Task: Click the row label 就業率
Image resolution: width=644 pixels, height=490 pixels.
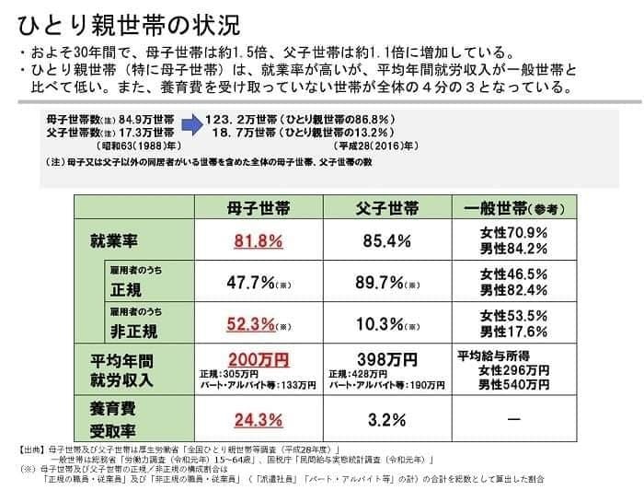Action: pyautogui.click(x=116, y=241)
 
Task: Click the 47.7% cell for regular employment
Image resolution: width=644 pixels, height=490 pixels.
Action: pyautogui.click(x=252, y=282)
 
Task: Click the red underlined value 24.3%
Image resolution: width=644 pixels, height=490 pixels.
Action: pyautogui.click(x=258, y=419)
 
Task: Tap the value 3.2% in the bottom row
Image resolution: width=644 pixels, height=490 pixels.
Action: pyautogui.click(x=387, y=419)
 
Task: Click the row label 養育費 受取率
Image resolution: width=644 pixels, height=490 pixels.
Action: pyautogui.click(x=116, y=419)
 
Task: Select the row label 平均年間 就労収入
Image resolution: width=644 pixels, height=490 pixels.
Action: pyautogui.click(x=121, y=368)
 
